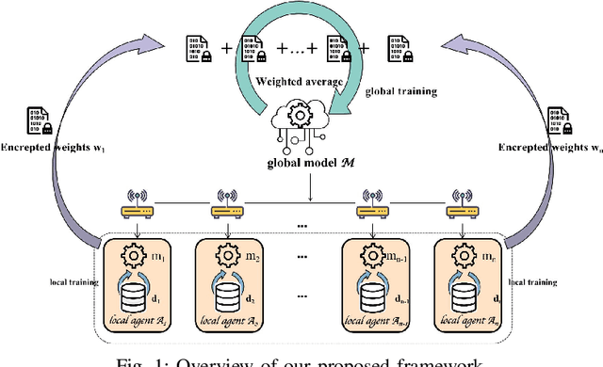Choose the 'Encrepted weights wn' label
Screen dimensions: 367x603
(x=550, y=148)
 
